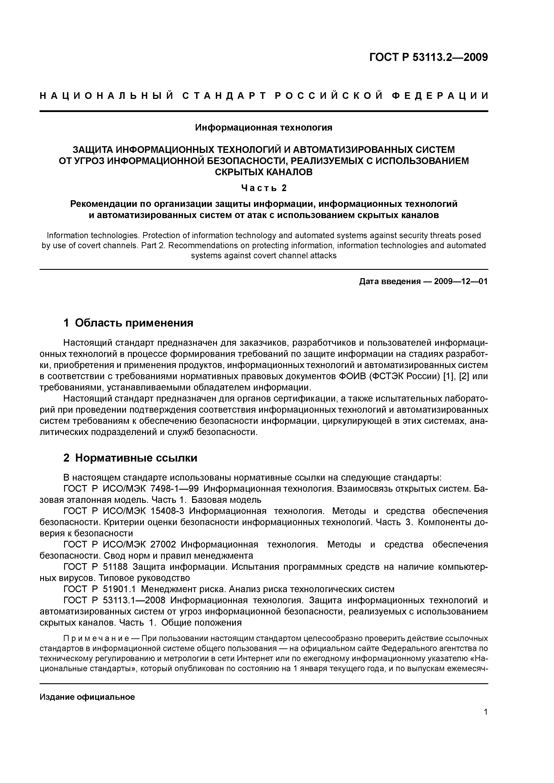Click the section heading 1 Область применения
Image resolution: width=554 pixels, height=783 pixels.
[x=128, y=323]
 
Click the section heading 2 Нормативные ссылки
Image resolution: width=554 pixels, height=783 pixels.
[x=130, y=458]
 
